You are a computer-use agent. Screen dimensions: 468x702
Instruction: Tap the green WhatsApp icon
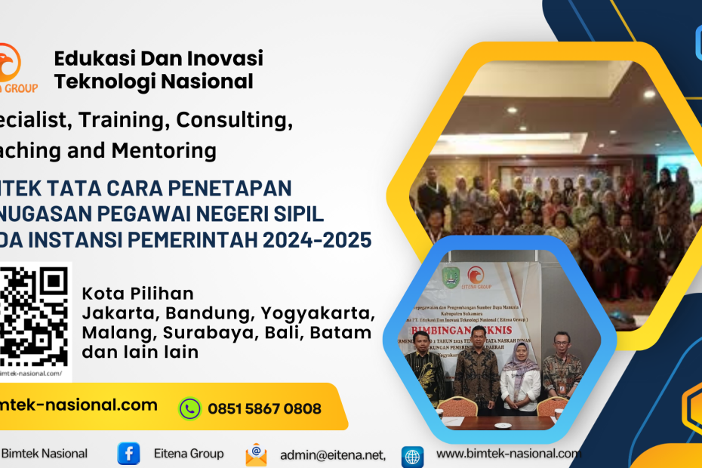click(x=189, y=408)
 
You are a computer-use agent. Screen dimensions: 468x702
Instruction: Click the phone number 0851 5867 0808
click(x=264, y=409)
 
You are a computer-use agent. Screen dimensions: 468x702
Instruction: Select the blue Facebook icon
click(x=128, y=454)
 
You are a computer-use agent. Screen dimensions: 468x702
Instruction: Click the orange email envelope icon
click(x=256, y=454)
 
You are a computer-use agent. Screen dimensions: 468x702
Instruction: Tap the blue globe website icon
click(x=413, y=456)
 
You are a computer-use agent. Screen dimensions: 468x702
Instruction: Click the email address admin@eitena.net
click(x=333, y=454)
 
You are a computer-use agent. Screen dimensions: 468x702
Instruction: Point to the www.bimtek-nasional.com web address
click(x=509, y=454)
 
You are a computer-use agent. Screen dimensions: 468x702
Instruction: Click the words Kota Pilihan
click(x=137, y=293)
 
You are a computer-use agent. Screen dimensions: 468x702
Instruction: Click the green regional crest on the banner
click(x=450, y=276)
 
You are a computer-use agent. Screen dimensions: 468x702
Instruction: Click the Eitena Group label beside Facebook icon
click(x=189, y=454)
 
